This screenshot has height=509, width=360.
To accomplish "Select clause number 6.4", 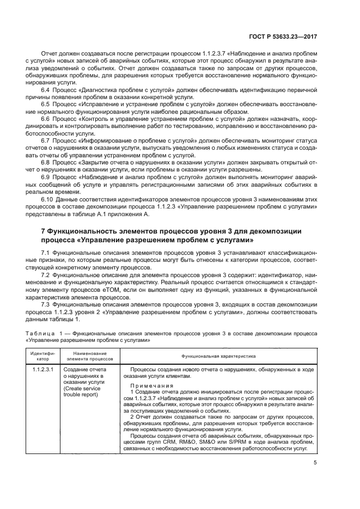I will pos(46,88).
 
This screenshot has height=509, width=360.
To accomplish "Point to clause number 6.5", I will pos(46,103).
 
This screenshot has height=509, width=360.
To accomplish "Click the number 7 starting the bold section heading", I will pos(44,231).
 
